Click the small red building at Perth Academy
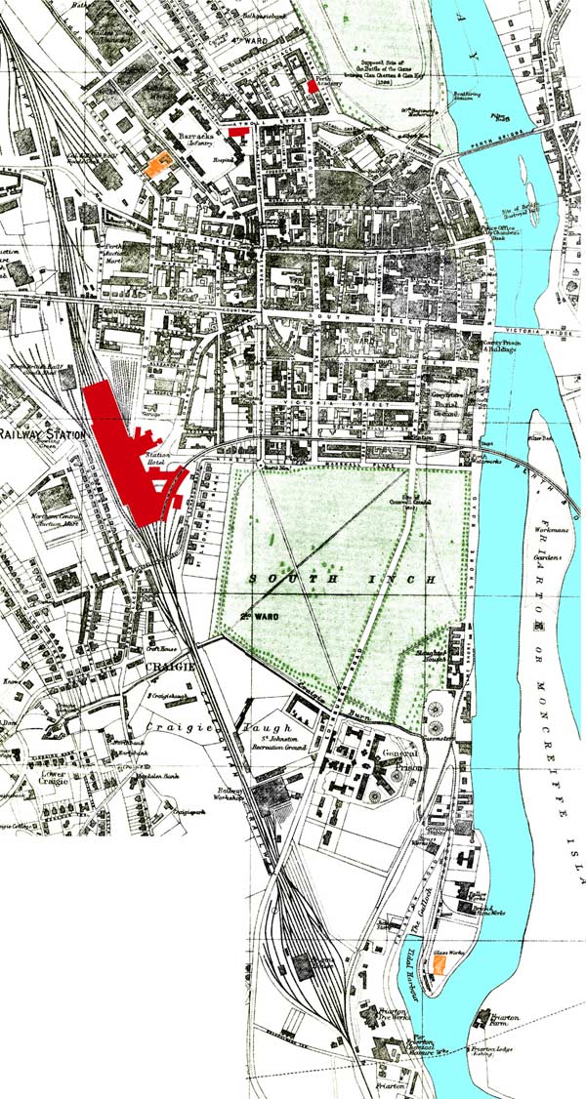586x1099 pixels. click(312, 86)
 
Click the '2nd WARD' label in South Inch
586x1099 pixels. click(257, 617)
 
